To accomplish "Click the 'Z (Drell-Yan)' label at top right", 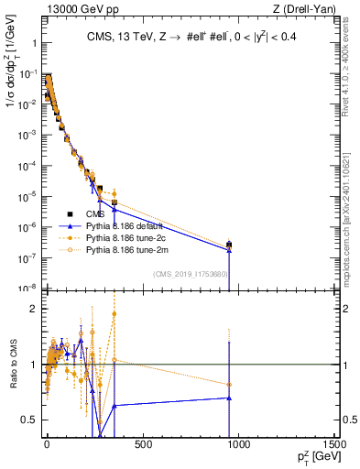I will (x=308, y=9).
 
